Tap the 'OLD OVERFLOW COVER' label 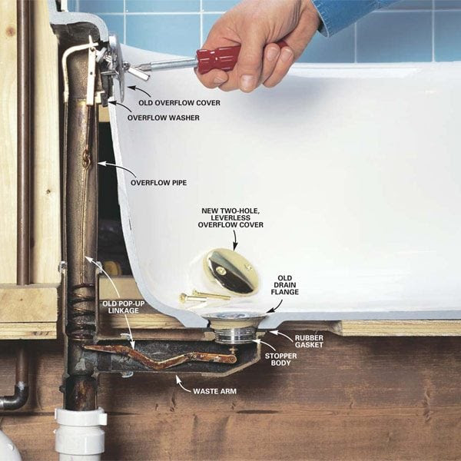point(179,103)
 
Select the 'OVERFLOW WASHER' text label point(163,118)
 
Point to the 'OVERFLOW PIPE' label point(159,183)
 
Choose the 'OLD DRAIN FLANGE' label point(284,285)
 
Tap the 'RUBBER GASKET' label point(309,341)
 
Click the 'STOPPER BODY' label point(280,360)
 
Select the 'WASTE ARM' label point(214,391)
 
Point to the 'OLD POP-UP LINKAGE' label point(124,307)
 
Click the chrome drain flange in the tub point(234,317)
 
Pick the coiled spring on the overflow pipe point(81,312)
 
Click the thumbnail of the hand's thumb point(247,83)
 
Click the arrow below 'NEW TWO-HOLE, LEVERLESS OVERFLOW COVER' point(235,240)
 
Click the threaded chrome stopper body point(235,336)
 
